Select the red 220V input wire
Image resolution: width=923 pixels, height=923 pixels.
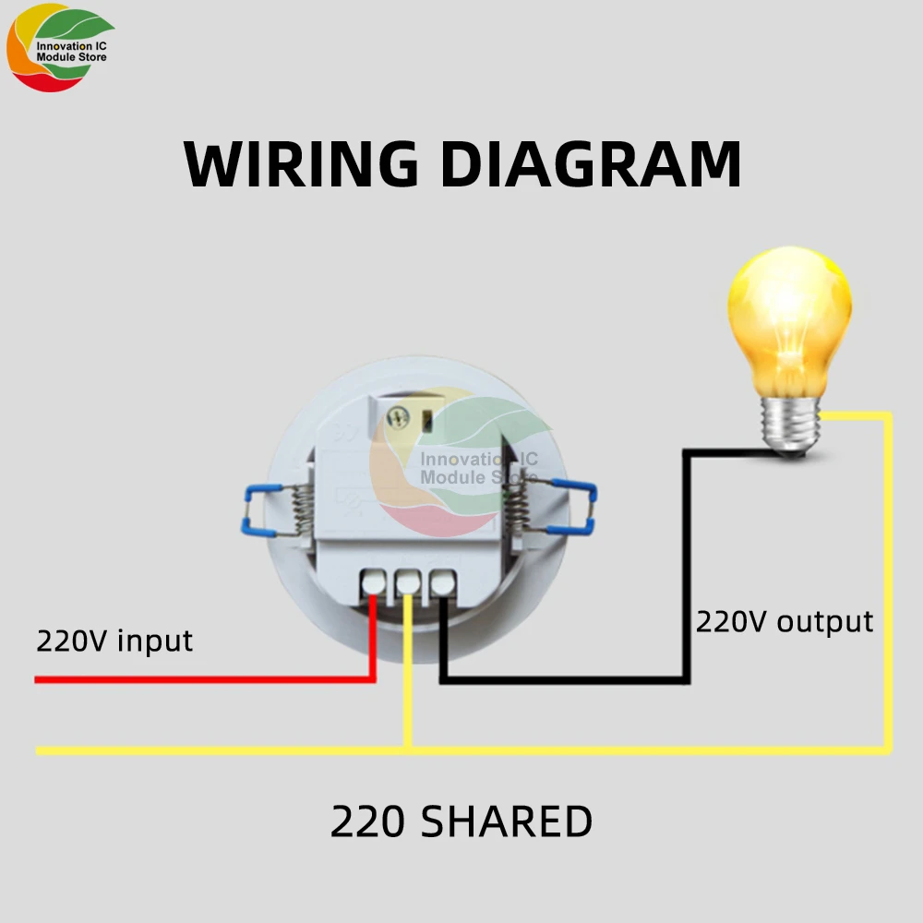(185, 680)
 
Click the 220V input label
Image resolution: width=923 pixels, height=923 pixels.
(114, 640)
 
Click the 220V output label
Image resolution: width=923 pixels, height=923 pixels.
(784, 621)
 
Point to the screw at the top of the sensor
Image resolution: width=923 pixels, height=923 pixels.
(400, 417)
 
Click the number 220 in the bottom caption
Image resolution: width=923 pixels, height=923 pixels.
(366, 821)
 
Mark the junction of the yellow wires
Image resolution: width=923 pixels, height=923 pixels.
(407, 749)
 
